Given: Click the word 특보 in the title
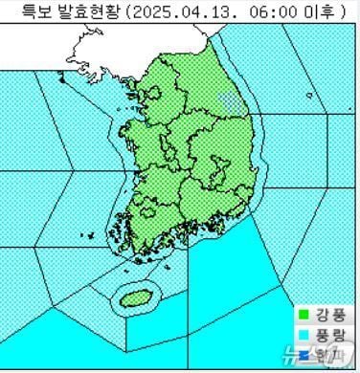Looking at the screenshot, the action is (32, 11).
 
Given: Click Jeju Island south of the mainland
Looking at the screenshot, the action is (135, 297).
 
